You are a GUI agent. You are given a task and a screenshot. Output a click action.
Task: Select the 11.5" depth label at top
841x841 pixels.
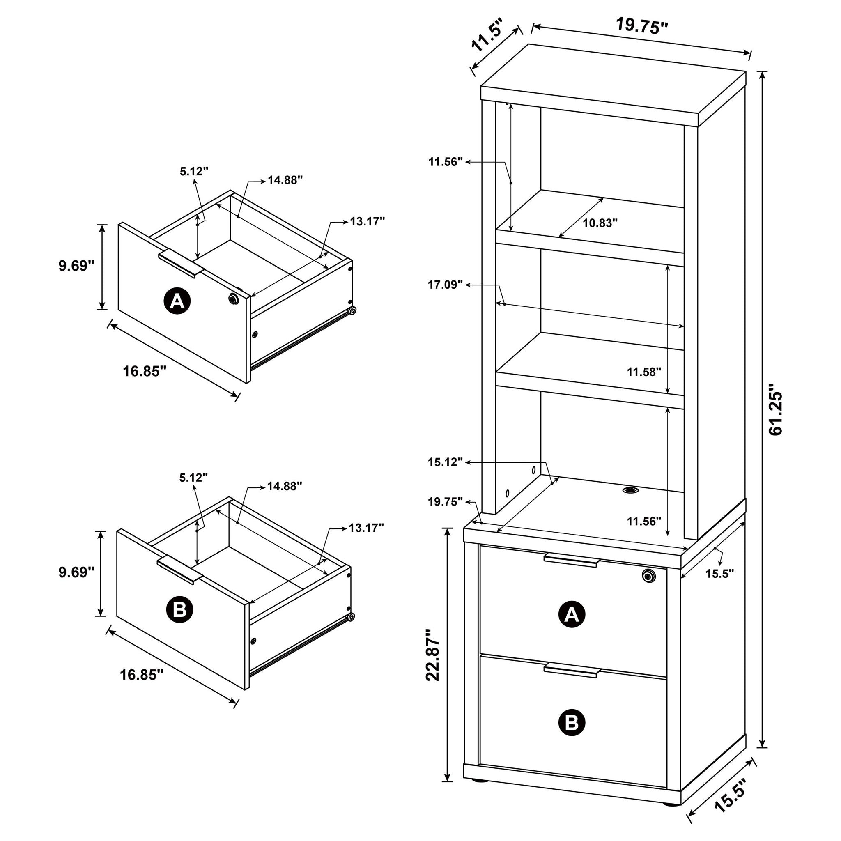coord(487,35)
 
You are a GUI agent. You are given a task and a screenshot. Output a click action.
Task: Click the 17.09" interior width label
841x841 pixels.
coord(445,285)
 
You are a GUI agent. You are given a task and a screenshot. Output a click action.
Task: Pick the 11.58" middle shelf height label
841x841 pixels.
coord(644,372)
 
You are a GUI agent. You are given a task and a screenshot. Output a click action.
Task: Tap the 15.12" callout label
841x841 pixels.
coord(445,462)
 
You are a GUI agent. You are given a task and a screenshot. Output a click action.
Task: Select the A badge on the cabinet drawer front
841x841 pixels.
coord(572,615)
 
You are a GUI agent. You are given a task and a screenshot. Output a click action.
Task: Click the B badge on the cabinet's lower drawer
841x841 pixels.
coord(572,723)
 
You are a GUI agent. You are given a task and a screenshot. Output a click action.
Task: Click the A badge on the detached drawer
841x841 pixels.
coord(177,300)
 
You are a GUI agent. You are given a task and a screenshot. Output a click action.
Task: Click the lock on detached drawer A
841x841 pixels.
coord(233,299)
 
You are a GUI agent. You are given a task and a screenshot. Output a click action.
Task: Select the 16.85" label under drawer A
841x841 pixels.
coord(145,371)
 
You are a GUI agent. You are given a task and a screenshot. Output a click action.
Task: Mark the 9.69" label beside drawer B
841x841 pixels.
coord(77,572)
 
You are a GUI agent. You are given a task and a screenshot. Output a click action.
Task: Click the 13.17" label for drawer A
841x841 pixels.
coord(368,222)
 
